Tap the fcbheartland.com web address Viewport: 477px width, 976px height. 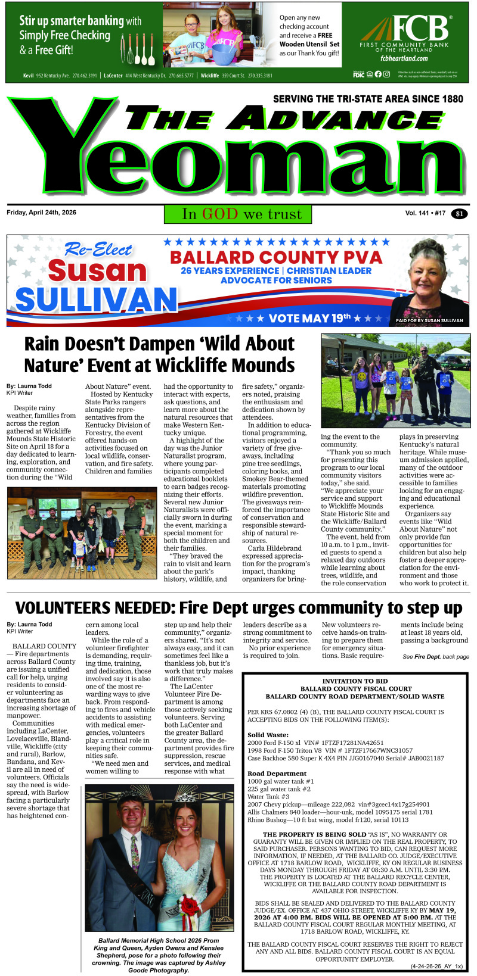404,58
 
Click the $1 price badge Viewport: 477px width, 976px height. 459,214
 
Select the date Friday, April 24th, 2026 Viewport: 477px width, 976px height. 42,213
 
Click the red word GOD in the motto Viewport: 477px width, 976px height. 220,214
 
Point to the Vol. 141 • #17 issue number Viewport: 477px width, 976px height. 425,213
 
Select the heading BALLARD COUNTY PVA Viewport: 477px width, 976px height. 276,257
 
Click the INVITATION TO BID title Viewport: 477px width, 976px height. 355,681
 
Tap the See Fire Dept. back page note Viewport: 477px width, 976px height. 435,656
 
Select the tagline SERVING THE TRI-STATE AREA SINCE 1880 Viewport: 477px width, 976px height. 367,99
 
